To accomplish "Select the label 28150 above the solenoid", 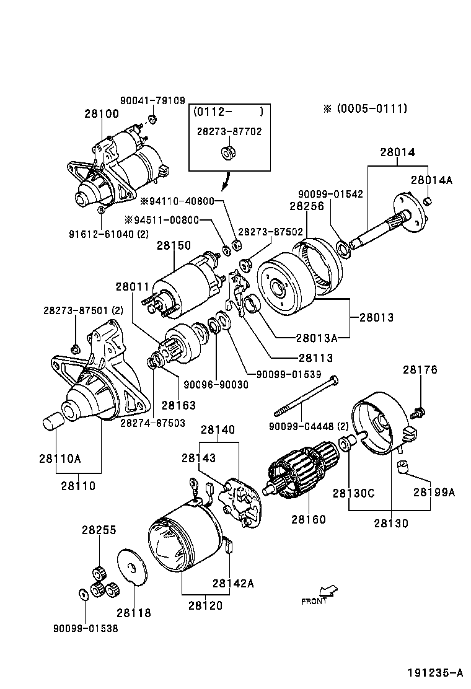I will [174, 245].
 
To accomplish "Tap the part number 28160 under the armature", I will [309, 519].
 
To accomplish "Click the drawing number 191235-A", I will [435, 673].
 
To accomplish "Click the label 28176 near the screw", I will [420, 370].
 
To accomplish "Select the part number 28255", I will [99, 530].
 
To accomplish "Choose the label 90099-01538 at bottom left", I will [85, 628].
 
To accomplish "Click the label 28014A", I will [431, 180].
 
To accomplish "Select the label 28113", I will [315, 358].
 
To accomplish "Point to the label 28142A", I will [234, 582].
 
